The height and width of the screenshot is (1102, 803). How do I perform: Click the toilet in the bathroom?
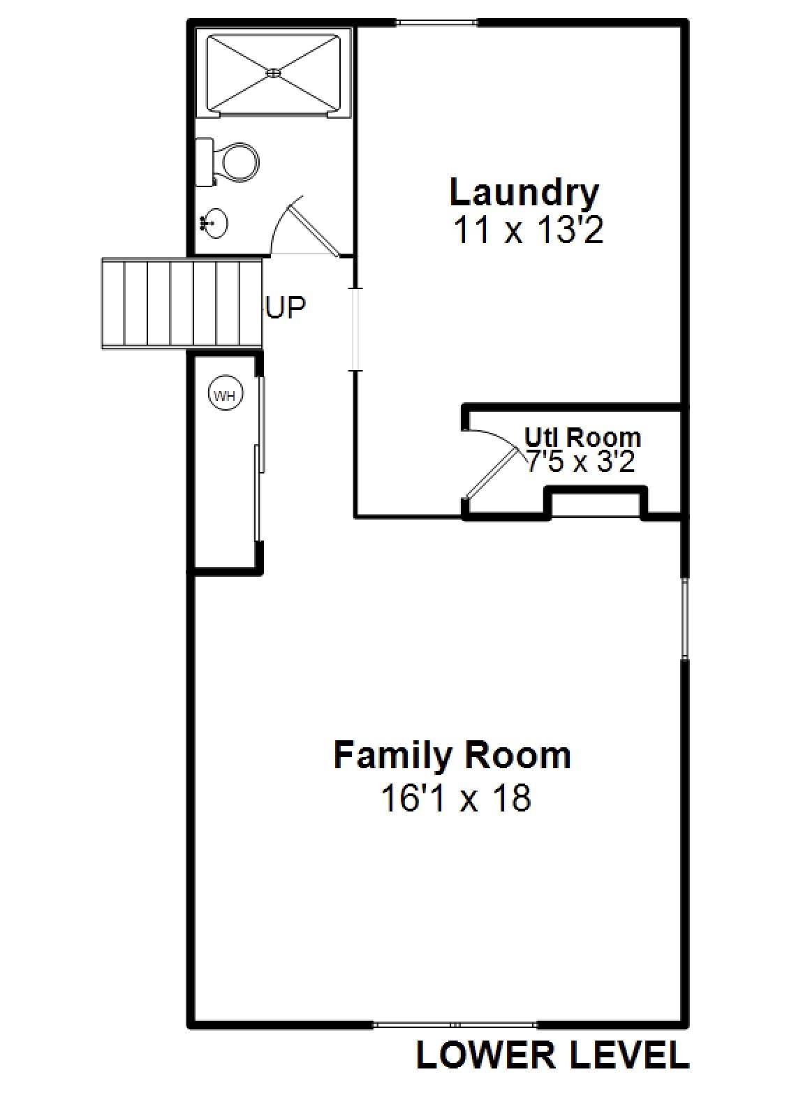click(x=232, y=162)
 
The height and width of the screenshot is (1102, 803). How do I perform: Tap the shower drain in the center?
click(x=274, y=71)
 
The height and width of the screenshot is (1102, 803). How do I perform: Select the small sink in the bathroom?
click(x=214, y=223)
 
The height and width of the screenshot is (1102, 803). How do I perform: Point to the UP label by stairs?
click(x=285, y=307)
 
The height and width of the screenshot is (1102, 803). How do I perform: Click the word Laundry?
click(x=524, y=193)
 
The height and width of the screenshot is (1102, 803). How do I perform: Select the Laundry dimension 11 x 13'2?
click(x=528, y=230)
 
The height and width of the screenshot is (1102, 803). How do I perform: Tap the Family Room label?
click(x=452, y=755)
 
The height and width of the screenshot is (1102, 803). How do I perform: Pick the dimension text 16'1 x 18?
click(x=455, y=798)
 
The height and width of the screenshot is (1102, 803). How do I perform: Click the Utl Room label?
click(x=582, y=437)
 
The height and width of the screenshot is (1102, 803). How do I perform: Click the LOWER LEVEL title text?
click(x=552, y=1055)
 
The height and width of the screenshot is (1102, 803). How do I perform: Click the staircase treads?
click(x=182, y=302)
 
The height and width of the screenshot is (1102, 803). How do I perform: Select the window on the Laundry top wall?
click(x=437, y=23)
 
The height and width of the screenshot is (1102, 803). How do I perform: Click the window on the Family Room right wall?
click(x=685, y=617)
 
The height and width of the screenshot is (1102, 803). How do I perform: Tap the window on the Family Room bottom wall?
click(x=455, y=1024)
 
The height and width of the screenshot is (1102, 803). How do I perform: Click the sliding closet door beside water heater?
click(x=260, y=458)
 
